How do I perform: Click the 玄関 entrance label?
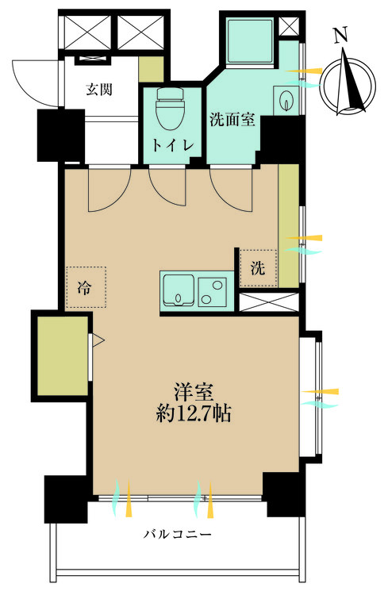[x=99, y=90]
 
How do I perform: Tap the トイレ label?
[x=173, y=145]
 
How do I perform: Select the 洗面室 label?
[x=232, y=120]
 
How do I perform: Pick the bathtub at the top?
[x=250, y=42]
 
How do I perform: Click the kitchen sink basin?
[x=179, y=290]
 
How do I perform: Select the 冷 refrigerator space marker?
[x=86, y=287]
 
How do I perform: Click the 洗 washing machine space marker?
[x=258, y=268]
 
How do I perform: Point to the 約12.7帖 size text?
[x=194, y=413]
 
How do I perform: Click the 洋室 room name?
[x=194, y=393]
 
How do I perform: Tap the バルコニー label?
[x=177, y=535]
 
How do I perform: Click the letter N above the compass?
[x=341, y=36]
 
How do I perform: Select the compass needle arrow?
[x=352, y=81]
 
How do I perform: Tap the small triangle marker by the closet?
[x=98, y=340]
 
